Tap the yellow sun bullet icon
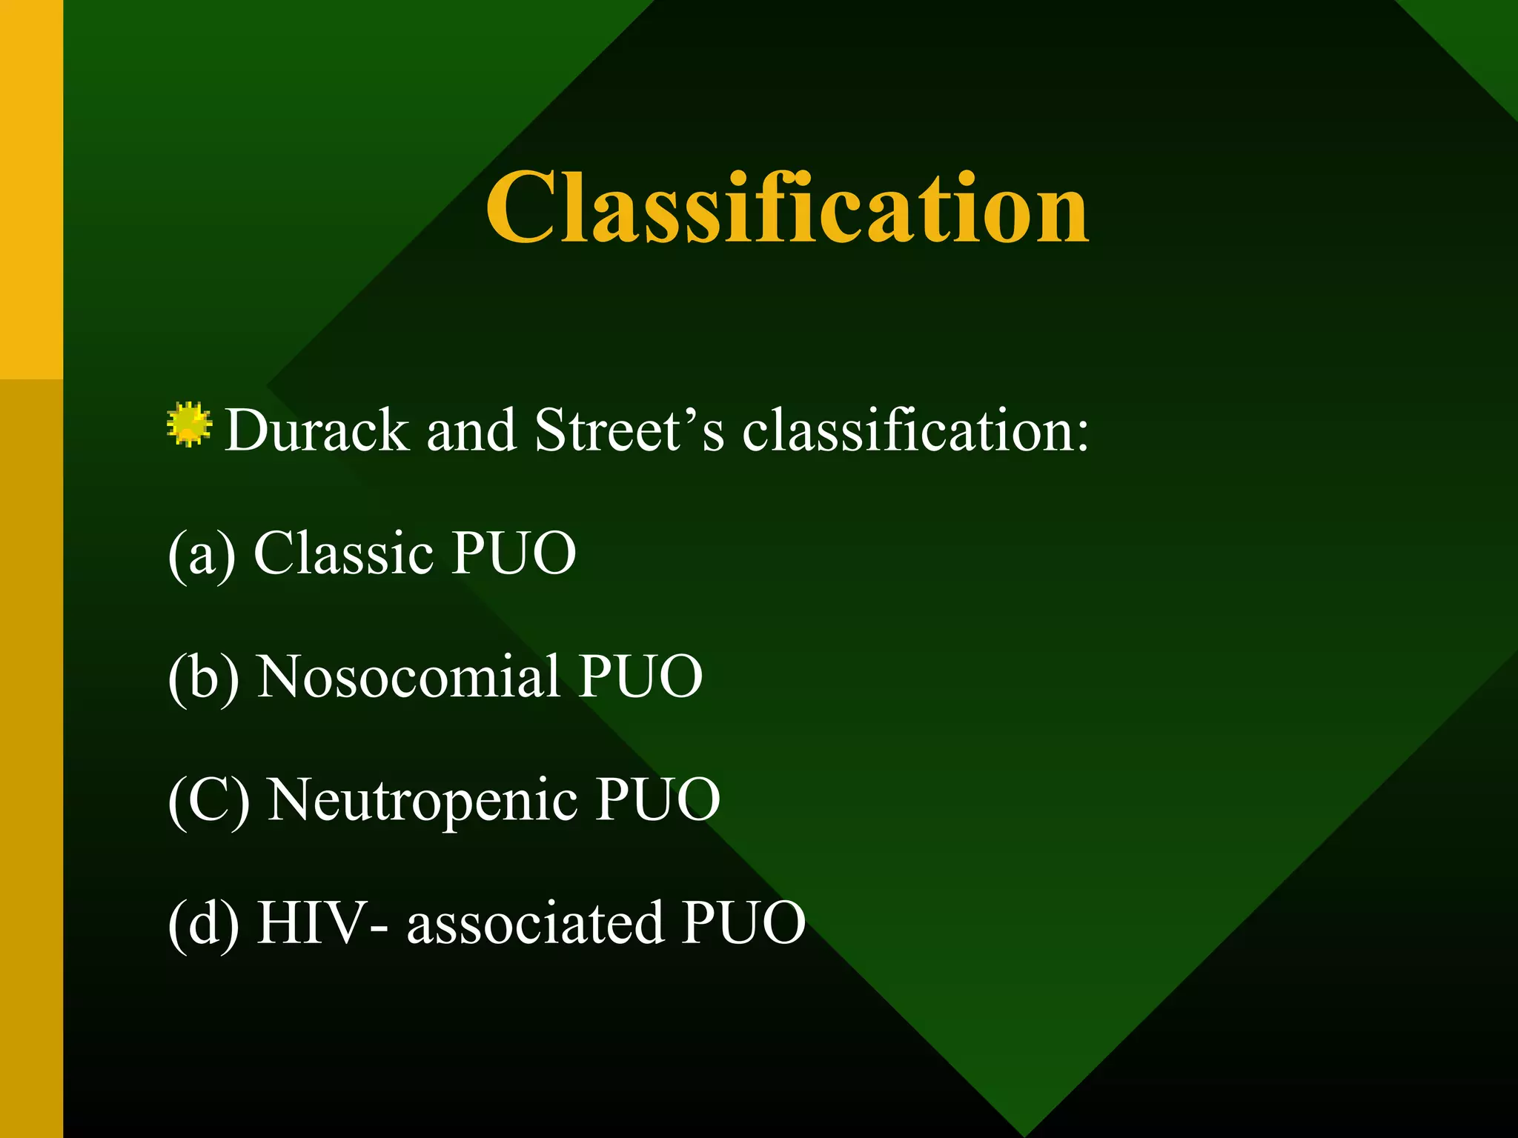click(189, 425)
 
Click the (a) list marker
click(202, 554)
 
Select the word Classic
click(343, 553)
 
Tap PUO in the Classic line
click(514, 553)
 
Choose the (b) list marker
click(203, 677)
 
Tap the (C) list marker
click(208, 800)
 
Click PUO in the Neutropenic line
click(658, 799)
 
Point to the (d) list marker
click(203, 924)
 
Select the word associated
click(535, 924)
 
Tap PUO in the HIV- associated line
click(743, 922)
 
